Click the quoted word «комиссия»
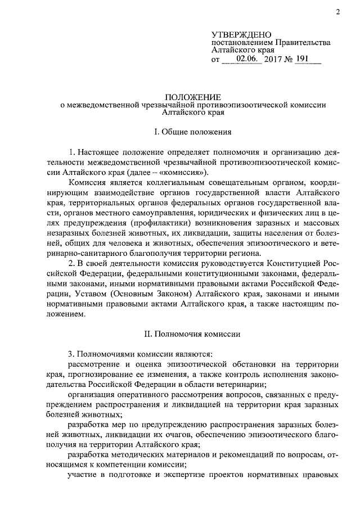(187, 172)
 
